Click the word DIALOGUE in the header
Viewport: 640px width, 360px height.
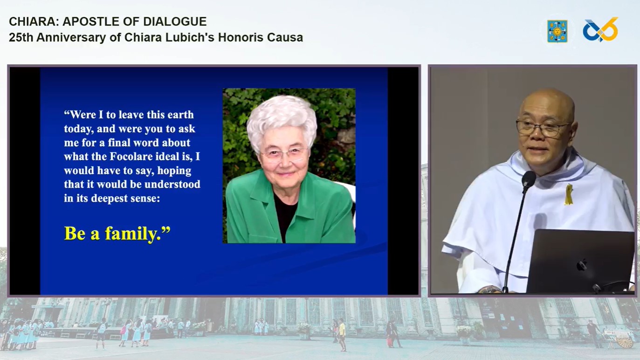pyautogui.click(x=175, y=21)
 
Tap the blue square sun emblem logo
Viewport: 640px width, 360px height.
pyautogui.click(x=557, y=31)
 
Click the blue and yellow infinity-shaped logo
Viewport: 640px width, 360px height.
pyautogui.click(x=600, y=30)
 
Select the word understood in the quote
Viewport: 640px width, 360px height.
pyautogui.click(x=172, y=184)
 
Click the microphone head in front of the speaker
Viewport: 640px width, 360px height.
pyautogui.click(x=529, y=179)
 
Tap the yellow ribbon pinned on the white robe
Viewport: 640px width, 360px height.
pyautogui.click(x=569, y=194)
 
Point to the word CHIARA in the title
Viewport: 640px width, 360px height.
pyautogui.click(x=34, y=21)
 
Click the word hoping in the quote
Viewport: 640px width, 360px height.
pyautogui.click(x=174, y=171)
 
